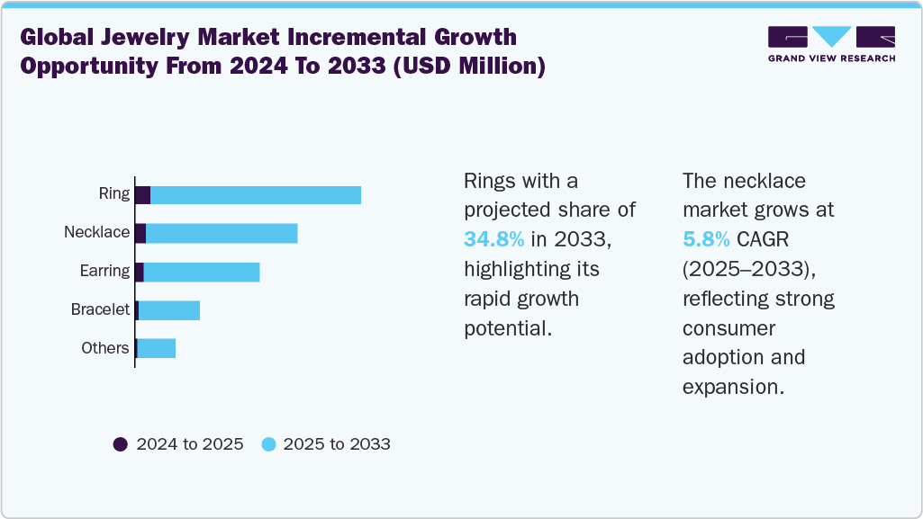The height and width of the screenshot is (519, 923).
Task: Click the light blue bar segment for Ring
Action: [x=256, y=195]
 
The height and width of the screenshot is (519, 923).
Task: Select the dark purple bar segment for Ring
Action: [x=142, y=195]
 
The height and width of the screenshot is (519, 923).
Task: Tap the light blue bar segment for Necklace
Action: [x=222, y=233]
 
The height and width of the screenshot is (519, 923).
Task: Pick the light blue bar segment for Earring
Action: [x=202, y=272]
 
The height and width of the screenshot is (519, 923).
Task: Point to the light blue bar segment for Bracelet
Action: [x=169, y=310]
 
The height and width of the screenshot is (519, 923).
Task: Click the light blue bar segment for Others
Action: [x=157, y=348]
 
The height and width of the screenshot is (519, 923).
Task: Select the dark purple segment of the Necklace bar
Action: [x=140, y=233]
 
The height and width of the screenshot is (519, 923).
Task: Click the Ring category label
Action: [x=114, y=194]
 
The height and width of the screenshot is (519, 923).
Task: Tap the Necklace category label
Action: [x=97, y=232]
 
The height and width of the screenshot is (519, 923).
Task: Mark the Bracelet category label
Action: [x=101, y=309]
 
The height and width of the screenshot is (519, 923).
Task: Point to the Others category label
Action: [x=105, y=348]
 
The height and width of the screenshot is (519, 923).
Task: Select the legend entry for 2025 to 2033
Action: [x=325, y=444]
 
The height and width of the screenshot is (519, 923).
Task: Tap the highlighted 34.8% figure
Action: [x=494, y=239]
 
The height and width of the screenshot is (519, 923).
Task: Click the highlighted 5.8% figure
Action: [x=705, y=239]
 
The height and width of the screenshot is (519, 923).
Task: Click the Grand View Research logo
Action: [x=831, y=44]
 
